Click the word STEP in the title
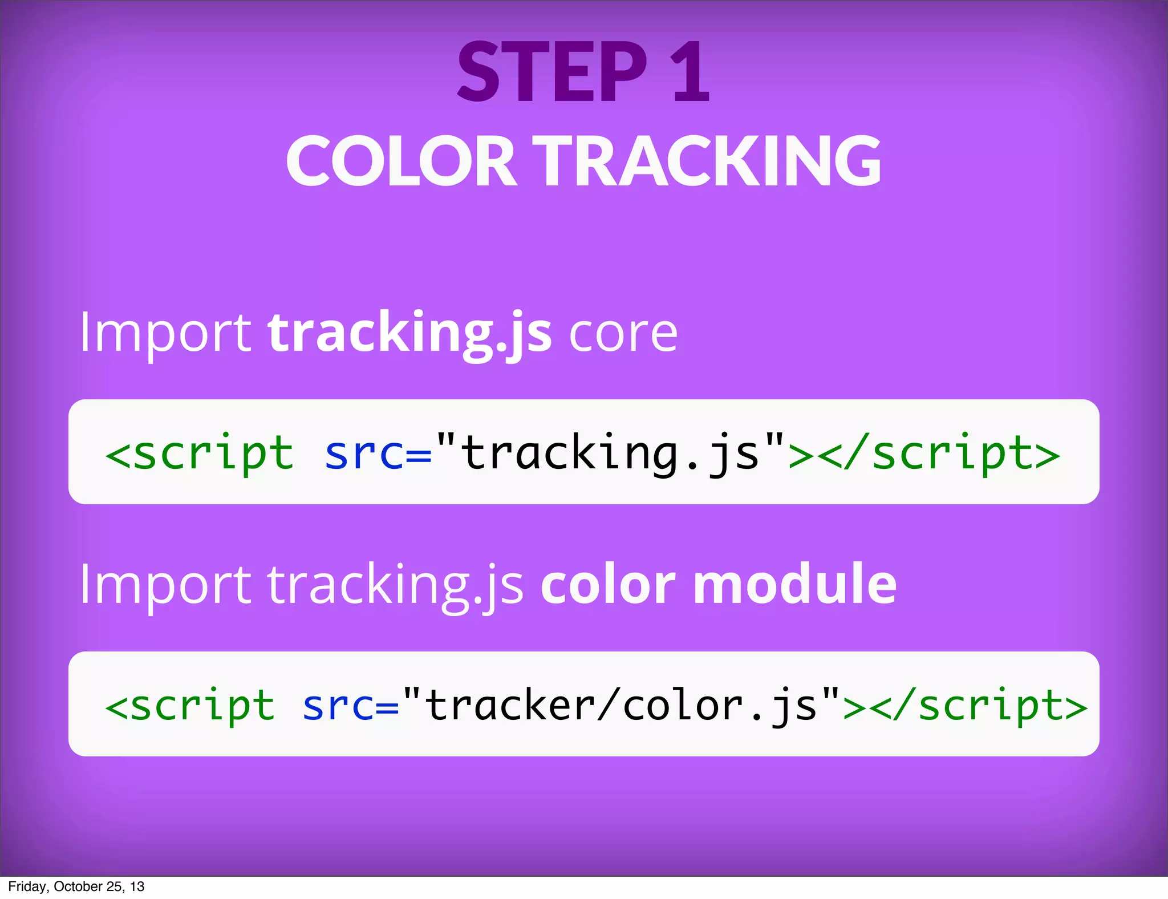[552, 72]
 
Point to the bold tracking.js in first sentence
[409, 334]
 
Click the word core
[623, 335]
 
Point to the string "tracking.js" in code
[610, 453]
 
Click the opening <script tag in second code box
[190, 706]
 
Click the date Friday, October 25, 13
[76, 886]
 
